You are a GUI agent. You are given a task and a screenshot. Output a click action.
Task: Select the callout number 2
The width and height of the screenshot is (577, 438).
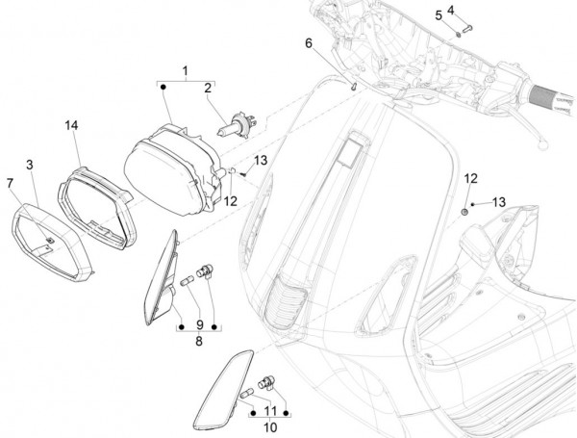click(206, 88)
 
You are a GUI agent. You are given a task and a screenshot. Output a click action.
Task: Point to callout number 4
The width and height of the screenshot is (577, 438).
click(450, 10)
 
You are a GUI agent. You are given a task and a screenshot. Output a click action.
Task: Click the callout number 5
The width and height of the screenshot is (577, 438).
click(439, 15)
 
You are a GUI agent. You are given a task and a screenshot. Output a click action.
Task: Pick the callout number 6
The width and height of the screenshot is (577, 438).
click(309, 43)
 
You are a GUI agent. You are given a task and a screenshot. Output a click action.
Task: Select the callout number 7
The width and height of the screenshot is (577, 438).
click(10, 182)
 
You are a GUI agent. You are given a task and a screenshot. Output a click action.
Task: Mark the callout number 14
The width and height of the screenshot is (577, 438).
click(71, 126)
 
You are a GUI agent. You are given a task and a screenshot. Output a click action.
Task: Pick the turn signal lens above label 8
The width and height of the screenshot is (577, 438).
click(160, 275)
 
